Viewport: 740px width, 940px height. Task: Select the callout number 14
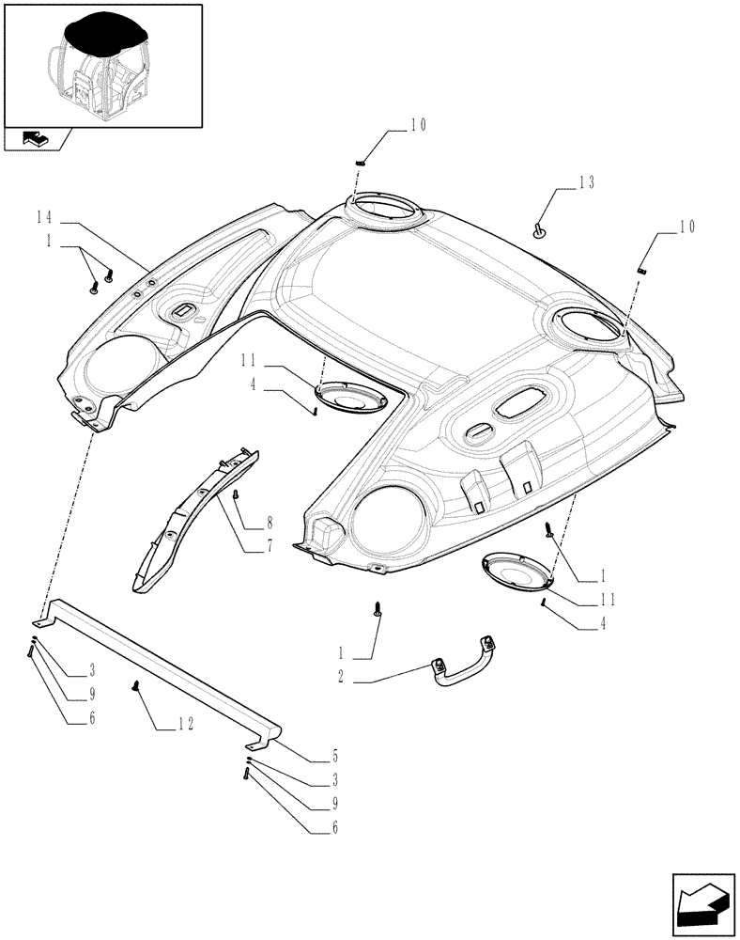click(x=43, y=217)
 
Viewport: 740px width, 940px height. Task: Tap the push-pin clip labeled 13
click(x=540, y=228)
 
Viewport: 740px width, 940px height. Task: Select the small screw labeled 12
click(x=137, y=686)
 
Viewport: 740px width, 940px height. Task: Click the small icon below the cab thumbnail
click(x=36, y=139)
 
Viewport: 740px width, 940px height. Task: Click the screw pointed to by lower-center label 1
click(x=378, y=611)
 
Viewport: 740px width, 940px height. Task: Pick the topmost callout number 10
click(x=416, y=125)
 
